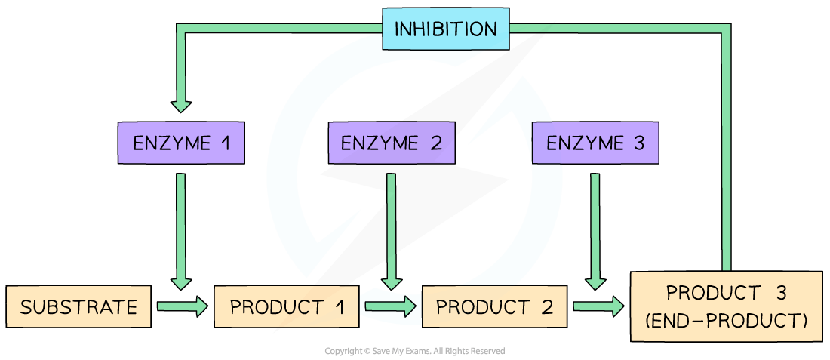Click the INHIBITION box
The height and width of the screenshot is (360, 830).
446,30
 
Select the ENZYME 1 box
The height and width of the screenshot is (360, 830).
182,143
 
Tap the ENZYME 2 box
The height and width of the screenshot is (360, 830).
392,143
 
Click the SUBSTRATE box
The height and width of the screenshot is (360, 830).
78,307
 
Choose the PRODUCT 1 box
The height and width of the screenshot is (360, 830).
286,307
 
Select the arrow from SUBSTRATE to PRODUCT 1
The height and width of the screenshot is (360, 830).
182,306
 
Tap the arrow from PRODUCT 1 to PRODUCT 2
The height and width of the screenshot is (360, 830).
389,306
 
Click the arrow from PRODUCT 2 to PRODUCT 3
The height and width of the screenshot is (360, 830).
599,306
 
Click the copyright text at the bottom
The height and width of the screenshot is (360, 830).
414,351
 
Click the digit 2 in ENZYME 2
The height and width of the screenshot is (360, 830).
437,143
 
